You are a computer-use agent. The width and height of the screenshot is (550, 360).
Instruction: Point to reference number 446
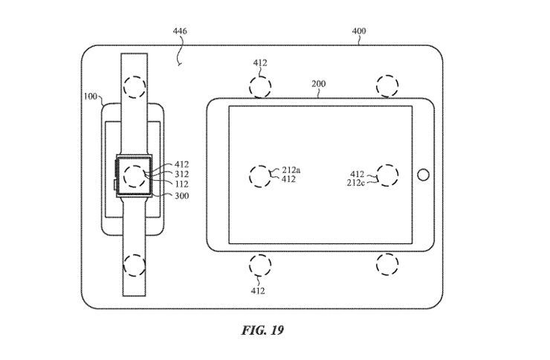click(x=179, y=31)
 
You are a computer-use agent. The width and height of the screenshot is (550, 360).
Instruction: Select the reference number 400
click(x=358, y=31)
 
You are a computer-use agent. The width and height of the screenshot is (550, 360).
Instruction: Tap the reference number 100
click(x=89, y=97)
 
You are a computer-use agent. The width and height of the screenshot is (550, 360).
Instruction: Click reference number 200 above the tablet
click(x=317, y=84)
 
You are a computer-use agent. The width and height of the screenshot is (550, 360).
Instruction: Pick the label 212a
click(x=290, y=170)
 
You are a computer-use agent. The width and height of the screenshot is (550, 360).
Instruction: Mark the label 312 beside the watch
click(x=182, y=175)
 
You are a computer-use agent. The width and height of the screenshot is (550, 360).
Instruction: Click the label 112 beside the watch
click(x=182, y=185)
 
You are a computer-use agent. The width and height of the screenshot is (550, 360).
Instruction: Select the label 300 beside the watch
click(x=182, y=196)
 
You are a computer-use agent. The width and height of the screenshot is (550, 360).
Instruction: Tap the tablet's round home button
click(x=423, y=176)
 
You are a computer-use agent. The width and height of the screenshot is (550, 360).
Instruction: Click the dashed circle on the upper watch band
click(x=135, y=87)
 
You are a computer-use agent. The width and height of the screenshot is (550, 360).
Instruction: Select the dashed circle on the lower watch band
click(x=135, y=264)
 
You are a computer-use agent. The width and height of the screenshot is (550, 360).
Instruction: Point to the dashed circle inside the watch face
click(x=135, y=176)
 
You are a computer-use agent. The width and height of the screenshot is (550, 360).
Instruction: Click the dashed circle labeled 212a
click(x=259, y=176)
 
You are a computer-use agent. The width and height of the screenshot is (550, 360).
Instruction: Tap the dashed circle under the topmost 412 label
click(x=260, y=86)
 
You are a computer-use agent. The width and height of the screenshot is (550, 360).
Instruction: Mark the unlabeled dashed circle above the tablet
click(x=388, y=86)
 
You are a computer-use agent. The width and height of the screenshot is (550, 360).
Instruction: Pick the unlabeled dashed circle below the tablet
click(x=388, y=264)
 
